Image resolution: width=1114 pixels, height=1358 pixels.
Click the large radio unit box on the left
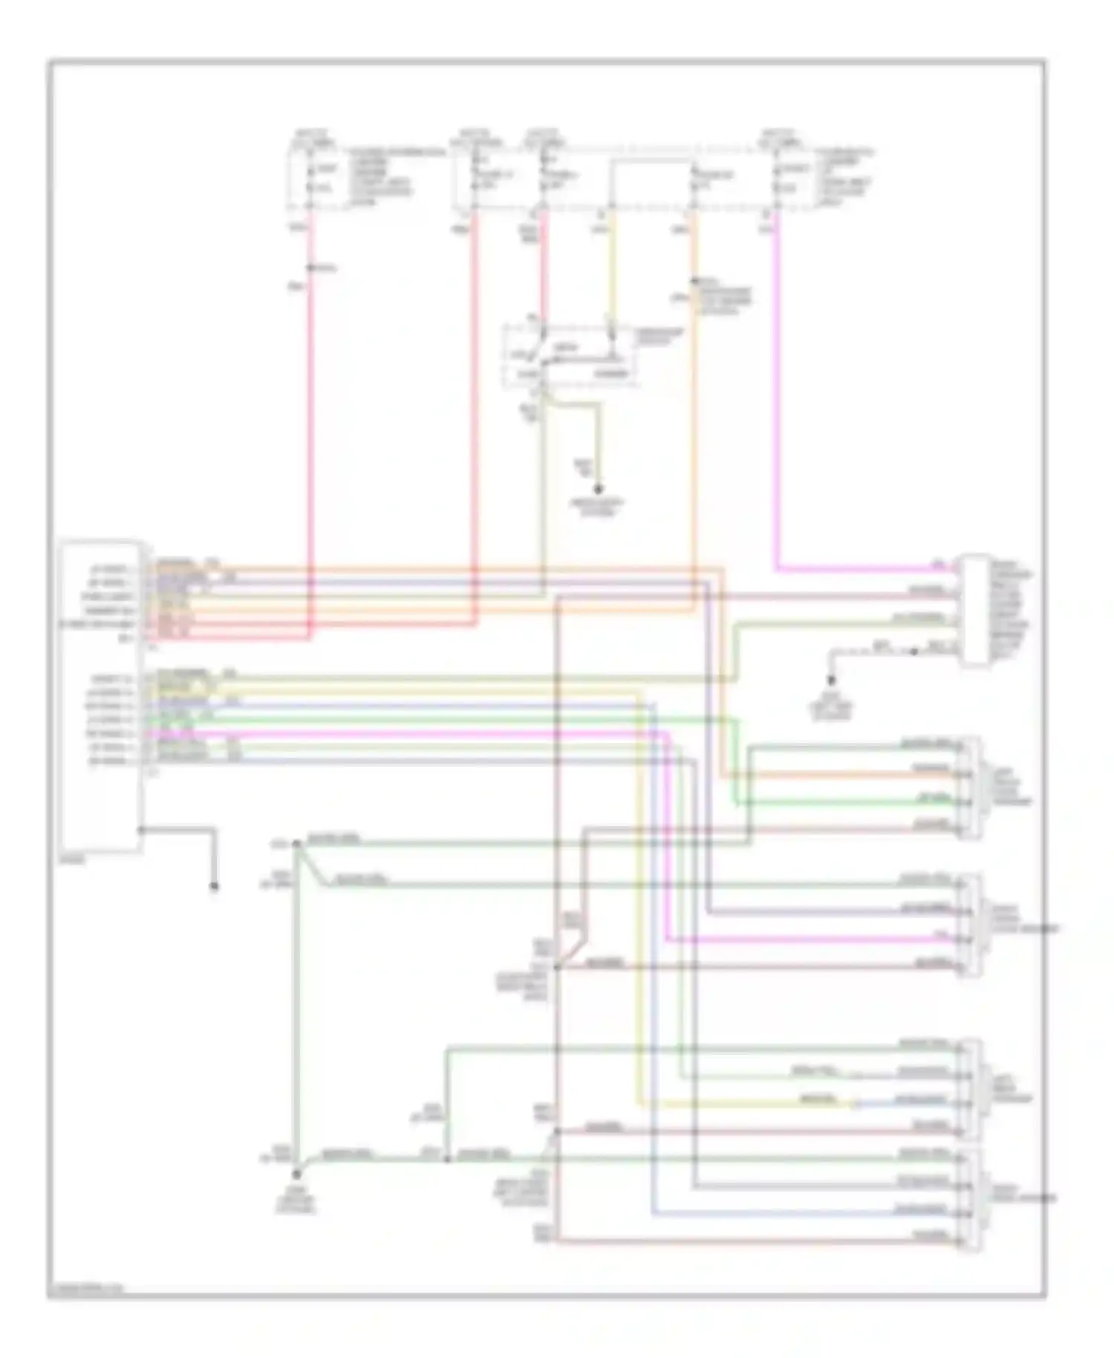click(x=101, y=697)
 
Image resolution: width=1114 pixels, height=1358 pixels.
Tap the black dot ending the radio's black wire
click(x=214, y=886)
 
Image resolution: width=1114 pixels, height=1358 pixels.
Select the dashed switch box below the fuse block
click(x=570, y=355)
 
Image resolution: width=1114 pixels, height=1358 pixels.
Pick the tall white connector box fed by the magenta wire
click(x=975, y=610)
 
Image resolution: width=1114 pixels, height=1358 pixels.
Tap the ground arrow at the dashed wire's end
click(x=832, y=679)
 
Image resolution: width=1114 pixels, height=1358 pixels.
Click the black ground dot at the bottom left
click(x=296, y=1175)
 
